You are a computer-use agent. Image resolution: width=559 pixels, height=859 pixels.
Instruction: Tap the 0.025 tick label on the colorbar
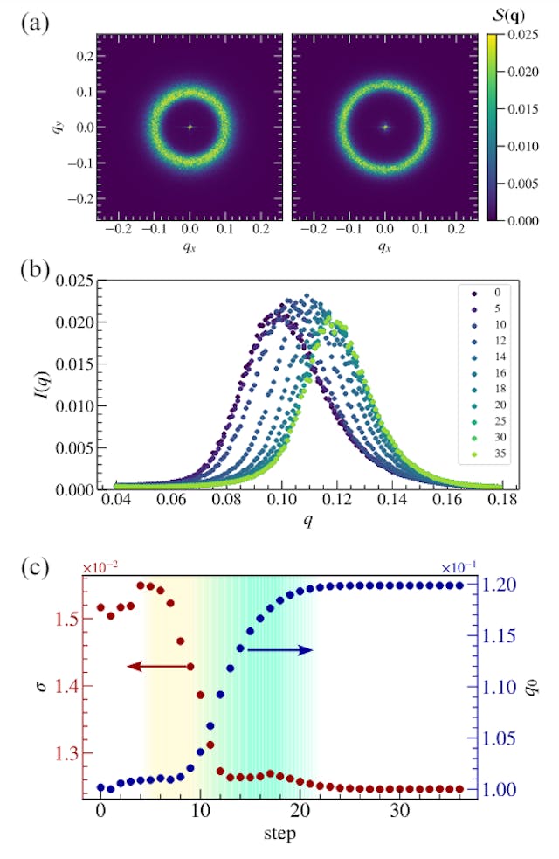tap(524, 35)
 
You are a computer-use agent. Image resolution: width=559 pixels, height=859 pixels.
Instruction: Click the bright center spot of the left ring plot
tap(190, 127)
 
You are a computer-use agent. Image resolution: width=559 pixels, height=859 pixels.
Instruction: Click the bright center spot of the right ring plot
tap(384, 127)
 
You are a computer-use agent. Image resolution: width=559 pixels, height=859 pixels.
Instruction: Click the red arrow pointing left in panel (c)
tap(161, 667)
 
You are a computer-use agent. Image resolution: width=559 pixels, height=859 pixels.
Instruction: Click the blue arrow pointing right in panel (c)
tap(280, 649)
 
